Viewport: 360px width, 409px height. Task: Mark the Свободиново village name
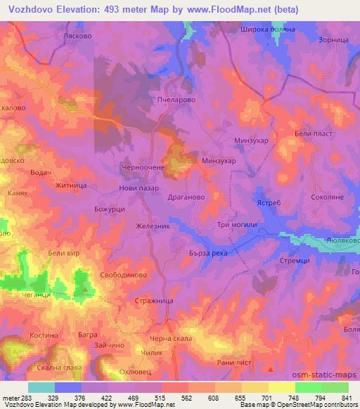[124, 275]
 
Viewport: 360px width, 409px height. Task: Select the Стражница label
[153, 300]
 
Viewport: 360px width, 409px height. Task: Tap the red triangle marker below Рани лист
[271, 368]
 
